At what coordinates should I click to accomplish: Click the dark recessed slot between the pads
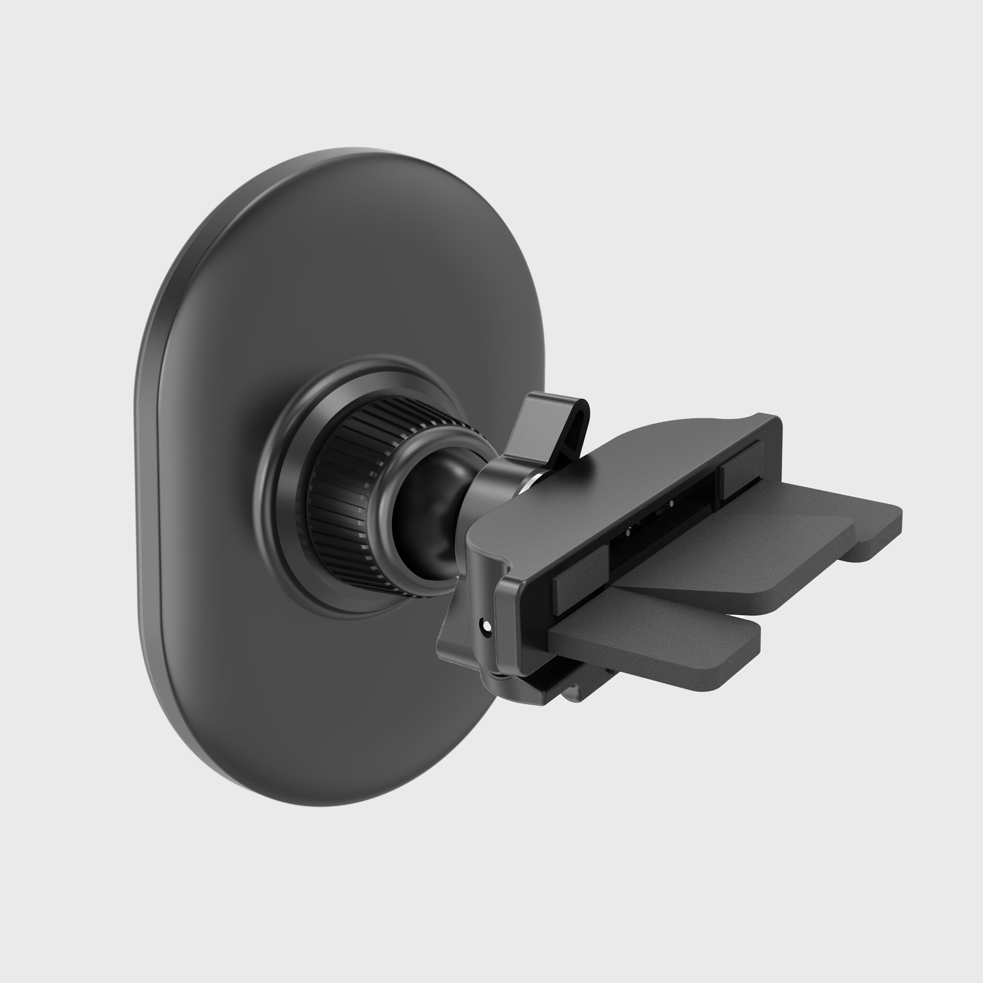pyautogui.click(x=662, y=524)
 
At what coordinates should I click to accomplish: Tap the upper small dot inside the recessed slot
pyautogui.click(x=671, y=504)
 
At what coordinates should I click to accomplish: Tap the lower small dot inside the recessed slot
pyautogui.click(x=627, y=533)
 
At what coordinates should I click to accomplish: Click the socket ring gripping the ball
pyautogui.click(x=483, y=489)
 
